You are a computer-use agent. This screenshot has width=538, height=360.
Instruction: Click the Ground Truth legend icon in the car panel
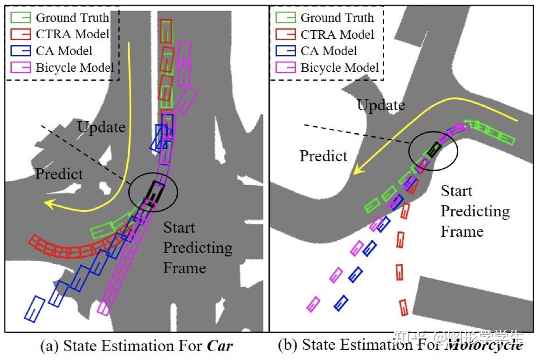[21, 18]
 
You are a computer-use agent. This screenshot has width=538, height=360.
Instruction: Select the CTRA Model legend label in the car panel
[73, 34]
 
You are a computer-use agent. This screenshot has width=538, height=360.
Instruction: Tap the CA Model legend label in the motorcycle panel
[329, 51]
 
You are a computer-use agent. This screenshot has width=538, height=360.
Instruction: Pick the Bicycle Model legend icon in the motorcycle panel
[285, 68]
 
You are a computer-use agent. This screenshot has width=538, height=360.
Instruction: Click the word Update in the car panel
[101, 127]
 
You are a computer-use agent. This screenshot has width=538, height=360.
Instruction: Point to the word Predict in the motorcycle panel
[323, 156]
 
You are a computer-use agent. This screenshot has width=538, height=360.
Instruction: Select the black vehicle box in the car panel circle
[154, 191]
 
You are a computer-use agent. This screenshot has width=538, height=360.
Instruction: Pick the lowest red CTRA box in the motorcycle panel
[403, 308]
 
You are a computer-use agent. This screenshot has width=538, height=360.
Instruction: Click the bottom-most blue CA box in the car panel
[34, 309]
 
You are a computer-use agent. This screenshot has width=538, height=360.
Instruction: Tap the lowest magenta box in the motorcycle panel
[313, 304]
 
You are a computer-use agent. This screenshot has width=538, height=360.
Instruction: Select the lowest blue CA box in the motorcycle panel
[341, 303]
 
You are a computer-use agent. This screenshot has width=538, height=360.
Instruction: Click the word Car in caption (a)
[219, 346]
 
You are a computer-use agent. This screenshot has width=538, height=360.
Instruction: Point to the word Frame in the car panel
[184, 268]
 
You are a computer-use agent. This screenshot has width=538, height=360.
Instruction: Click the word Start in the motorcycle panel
[456, 191]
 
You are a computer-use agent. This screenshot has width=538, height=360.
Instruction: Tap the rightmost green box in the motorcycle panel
[504, 138]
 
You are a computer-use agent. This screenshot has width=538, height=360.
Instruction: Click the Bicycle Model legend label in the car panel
[75, 68]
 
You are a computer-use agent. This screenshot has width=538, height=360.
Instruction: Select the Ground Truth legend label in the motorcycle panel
[337, 18]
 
